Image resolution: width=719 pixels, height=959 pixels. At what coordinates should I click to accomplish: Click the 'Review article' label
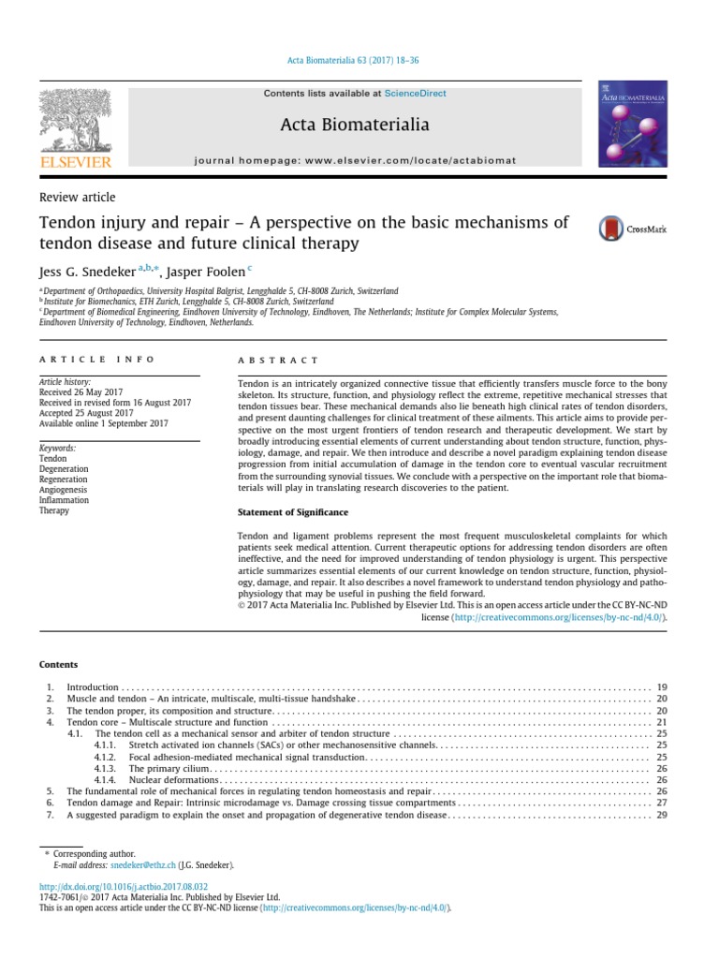coord(77,197)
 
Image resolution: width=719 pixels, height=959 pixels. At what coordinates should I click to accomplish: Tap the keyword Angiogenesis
coord(64,489)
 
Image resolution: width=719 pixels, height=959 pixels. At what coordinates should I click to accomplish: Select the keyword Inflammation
coord(64,500)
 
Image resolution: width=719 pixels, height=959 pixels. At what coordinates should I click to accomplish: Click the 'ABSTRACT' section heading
coord(280,360)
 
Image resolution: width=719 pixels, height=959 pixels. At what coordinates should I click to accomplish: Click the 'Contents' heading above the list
coord(58,665)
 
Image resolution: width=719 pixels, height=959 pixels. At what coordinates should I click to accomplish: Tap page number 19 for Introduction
coord(662,687)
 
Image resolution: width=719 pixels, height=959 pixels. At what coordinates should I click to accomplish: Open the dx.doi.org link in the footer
coord(124,886)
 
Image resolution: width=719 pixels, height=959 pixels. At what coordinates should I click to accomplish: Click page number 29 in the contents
coord(662,815)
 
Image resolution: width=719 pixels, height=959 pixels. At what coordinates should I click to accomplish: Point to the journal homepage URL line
coord(354,160)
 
